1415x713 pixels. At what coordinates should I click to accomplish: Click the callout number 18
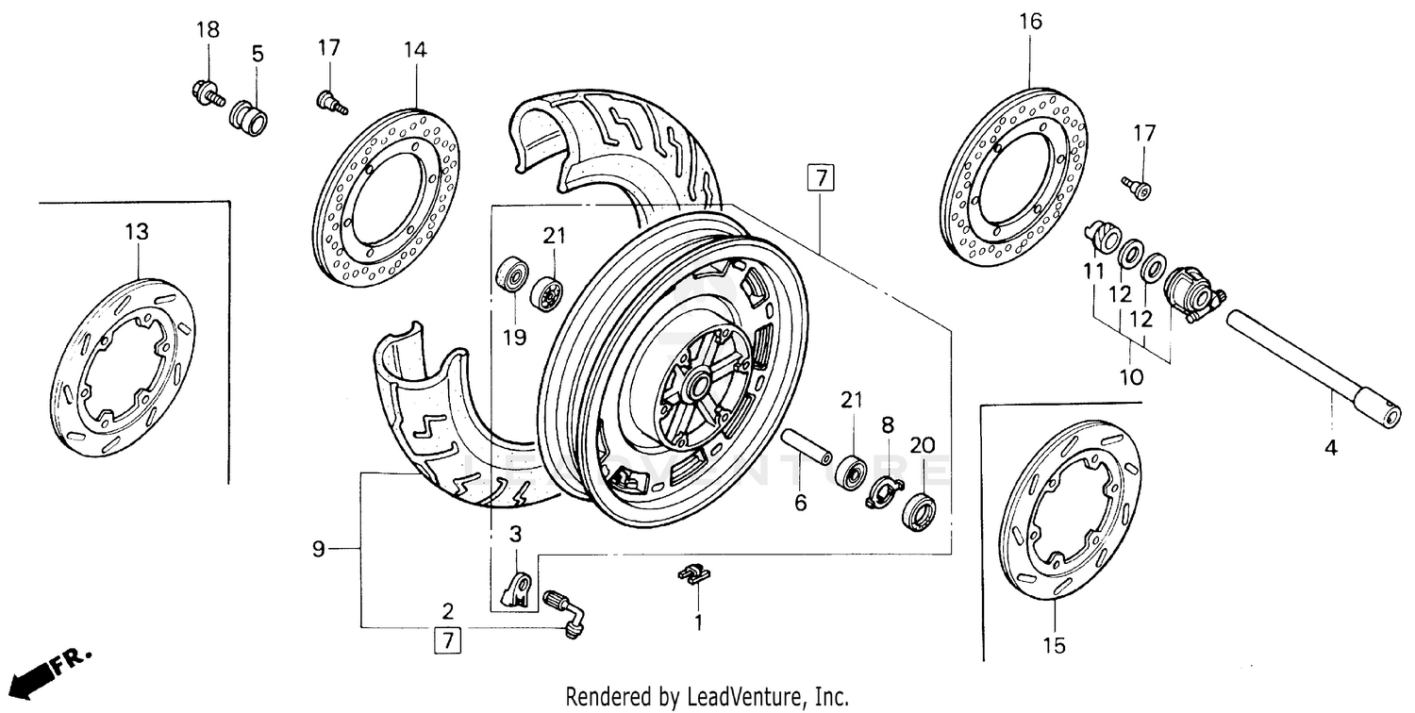[208, 29]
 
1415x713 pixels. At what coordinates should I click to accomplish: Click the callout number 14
[416, 50]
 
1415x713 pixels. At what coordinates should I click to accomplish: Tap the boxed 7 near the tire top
[821, 178]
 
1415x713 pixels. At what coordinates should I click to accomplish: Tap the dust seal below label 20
[920, 512]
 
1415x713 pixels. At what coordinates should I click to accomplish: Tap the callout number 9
[319, 548]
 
